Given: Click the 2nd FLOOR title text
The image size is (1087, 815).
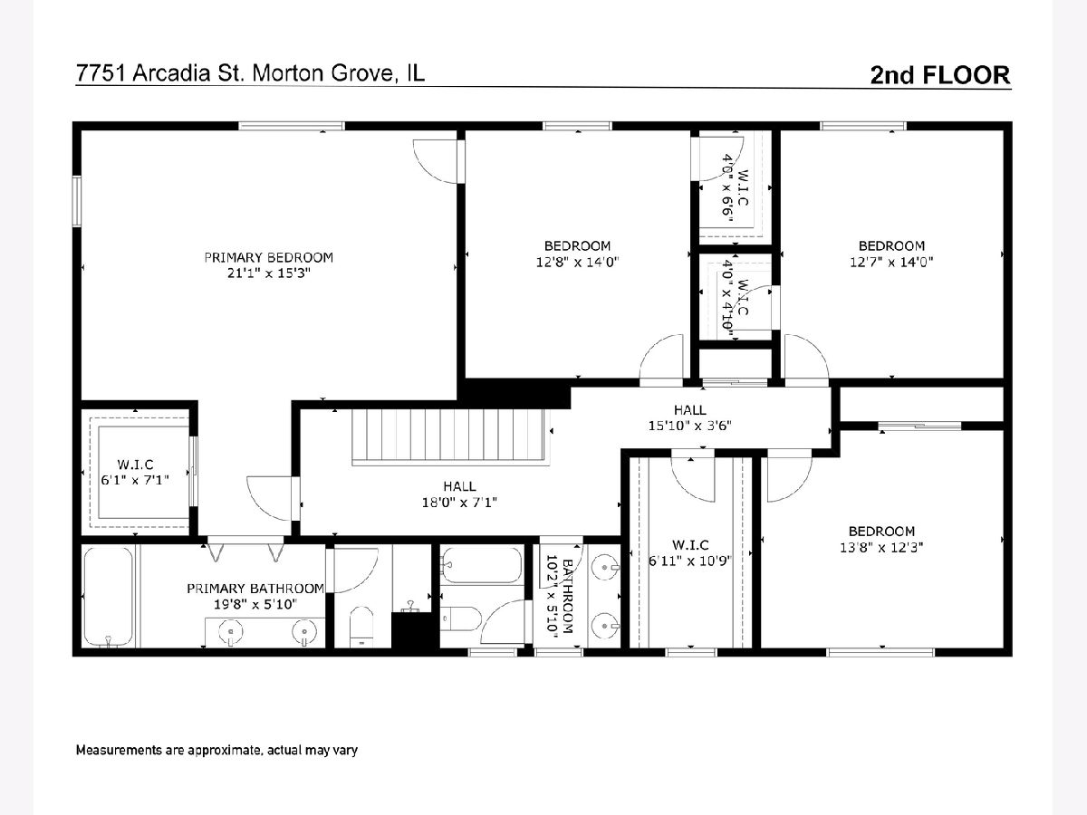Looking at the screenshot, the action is [940, 75].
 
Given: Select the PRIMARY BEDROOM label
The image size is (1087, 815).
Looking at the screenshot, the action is [268, 257].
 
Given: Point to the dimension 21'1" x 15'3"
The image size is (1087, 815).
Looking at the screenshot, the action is [268, 273].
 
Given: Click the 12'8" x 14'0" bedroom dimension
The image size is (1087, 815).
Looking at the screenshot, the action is [577, 262].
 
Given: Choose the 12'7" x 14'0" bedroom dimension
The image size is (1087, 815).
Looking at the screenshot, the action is [891, 262].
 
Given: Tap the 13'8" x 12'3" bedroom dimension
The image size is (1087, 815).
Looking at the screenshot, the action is [881, 547].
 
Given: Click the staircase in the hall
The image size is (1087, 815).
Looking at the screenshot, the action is [448, 437].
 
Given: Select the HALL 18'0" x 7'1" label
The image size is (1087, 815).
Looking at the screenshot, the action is [459, 494].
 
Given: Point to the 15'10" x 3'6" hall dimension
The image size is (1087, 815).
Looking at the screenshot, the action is [690, 426].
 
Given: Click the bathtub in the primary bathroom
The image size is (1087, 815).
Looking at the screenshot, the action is [109, 596].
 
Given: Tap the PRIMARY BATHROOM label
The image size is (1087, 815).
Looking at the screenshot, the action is [255, 589].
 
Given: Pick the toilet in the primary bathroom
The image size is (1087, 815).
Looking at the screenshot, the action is [361, 627].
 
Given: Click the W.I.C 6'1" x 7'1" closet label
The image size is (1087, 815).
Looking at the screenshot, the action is [135, 473].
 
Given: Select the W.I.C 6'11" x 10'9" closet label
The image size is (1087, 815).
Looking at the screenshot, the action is [690, 552].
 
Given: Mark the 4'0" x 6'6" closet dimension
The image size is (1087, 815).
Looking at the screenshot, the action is [727, 187].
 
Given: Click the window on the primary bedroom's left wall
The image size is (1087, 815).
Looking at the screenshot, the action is [77, 201].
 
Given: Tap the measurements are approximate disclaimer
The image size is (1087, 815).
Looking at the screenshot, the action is [216, 750].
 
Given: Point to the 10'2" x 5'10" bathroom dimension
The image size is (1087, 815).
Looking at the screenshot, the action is [552, 596].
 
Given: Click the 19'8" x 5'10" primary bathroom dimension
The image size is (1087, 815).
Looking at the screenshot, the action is [255, 604].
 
